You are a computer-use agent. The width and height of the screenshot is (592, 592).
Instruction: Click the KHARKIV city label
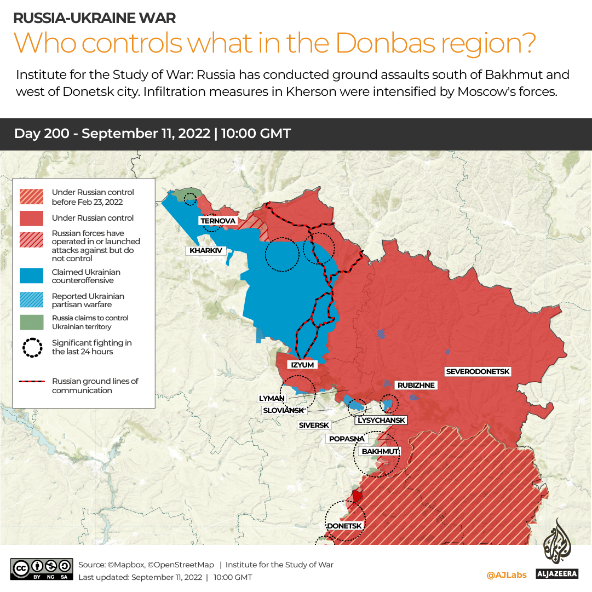click(205, 251)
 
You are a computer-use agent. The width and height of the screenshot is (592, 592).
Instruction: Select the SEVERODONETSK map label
click(478, 372)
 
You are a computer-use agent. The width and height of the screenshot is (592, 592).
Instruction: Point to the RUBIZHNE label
click(416, 386)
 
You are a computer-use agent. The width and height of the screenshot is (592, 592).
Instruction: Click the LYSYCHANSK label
click(382, 421)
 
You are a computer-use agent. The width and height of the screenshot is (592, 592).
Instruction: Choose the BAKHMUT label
click(378, 452)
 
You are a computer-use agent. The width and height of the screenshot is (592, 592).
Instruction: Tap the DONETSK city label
click(344, 526)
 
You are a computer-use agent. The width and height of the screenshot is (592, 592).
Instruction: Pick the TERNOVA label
click(218, 221)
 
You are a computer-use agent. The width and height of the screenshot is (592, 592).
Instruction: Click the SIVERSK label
click(314, 425)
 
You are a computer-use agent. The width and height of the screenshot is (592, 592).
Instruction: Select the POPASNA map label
click(346, 439)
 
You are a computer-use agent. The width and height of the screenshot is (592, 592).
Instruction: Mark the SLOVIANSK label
click(284, 410)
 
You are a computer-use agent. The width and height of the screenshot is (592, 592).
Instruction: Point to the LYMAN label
click(272, 399)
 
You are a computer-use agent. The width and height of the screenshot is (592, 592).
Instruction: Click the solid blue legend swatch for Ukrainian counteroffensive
click(32, 276)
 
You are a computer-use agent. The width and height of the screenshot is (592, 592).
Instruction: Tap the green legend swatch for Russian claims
click(32, 322)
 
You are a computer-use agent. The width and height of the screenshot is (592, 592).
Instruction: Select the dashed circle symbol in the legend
click(32, 347)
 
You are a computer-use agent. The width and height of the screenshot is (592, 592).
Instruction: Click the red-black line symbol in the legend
click(32, 382)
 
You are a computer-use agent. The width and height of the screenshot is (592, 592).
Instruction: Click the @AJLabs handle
click(507, 575)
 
